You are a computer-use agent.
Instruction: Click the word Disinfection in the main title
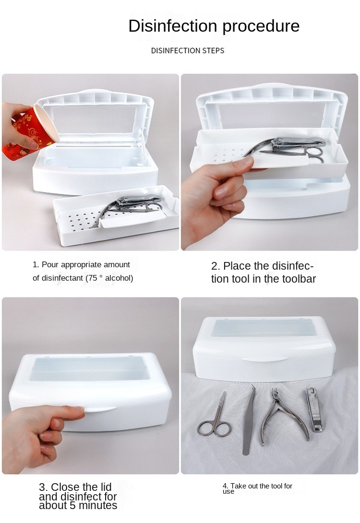pos(173,26)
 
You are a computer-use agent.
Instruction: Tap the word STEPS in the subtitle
pos(213,51)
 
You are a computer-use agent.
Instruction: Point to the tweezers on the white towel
pos(249,420)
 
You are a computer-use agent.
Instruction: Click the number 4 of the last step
pos(225,486)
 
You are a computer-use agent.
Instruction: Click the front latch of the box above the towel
pos(264,359)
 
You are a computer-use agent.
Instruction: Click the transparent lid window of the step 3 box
pos(90,368)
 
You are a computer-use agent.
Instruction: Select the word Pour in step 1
pos(50,265)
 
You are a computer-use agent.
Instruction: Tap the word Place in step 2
pos(237,266)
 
